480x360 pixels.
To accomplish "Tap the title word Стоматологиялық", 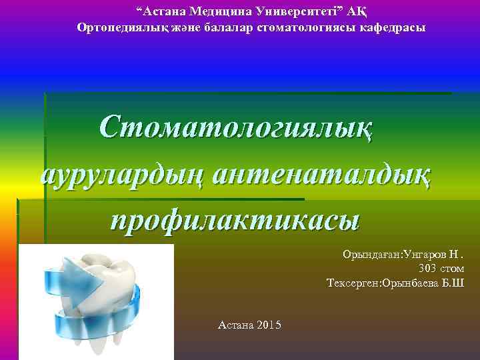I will (x=237, y=127).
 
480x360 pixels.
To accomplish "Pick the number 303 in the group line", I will (x=429, y=269).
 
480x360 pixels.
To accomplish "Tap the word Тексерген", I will (x=351, y=283).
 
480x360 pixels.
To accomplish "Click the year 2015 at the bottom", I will (x=268, y=325).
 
